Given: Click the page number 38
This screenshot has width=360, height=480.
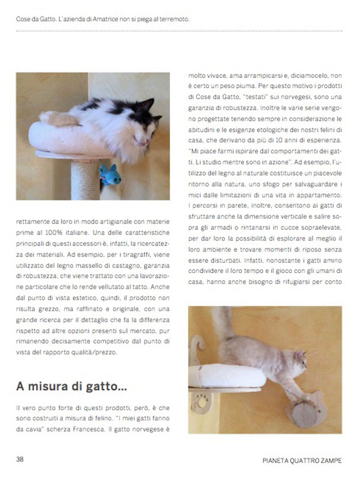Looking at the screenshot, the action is coord(19,459).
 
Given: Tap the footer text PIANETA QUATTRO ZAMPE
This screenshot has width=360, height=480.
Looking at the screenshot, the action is coord(302,461).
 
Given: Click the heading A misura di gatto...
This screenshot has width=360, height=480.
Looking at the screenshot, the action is coord(71,386).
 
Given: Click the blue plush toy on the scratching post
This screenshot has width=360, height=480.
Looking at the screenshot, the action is coord(109,175).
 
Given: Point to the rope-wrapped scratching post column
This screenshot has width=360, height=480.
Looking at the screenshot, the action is coord(85,180).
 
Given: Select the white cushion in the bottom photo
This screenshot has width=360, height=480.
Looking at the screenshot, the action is coord(227,376).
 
